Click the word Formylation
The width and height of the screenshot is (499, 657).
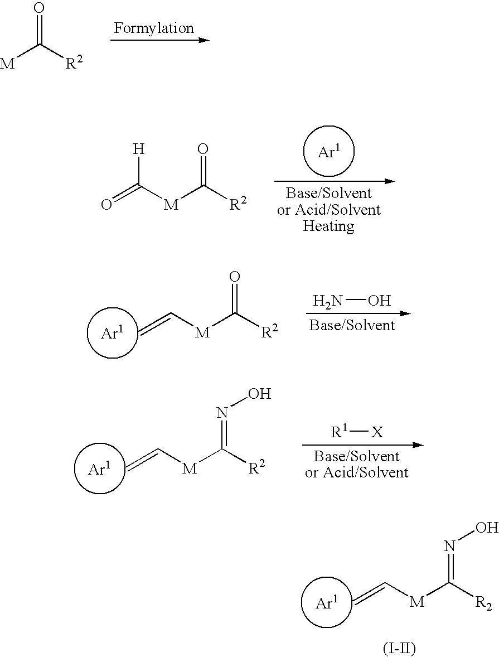[x=154, y=28]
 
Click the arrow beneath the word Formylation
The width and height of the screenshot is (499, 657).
[x=159, y=40]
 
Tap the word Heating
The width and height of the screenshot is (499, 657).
[x=328, y=226]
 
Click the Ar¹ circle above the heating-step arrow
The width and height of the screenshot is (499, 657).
[x=329, y=152]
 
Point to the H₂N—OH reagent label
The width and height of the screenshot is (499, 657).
[x=352, y=301]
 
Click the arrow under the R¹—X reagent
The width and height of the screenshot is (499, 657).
[x=362, y=445]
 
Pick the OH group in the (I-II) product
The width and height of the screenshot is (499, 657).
[x=487, y=527]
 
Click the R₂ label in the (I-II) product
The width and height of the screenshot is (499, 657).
[x=484, y=605]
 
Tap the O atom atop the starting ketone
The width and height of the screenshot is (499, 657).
[x=38, y=8]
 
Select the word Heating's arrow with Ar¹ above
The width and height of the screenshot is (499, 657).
[x=335, y=181]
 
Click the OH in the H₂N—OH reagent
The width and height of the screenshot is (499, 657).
[x=379, y=301]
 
